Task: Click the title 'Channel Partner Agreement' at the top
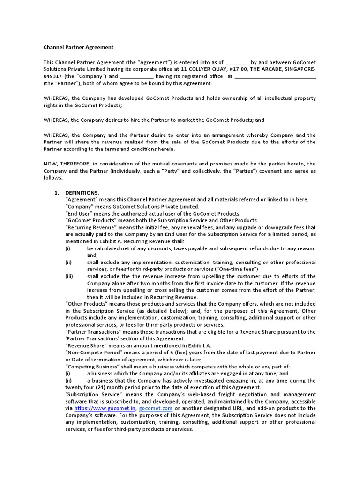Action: point(78,47)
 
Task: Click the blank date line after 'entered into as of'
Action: point(237,62)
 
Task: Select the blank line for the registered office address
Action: point(275,76)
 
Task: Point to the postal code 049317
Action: point(53,76)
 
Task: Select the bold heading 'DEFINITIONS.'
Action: point(82,193)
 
